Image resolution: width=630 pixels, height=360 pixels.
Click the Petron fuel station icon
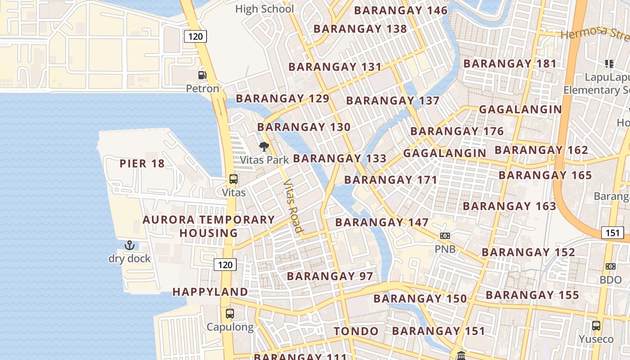point(202,75)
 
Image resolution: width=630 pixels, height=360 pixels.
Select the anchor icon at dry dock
point(130,245)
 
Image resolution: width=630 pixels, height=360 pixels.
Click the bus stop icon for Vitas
point(234,179)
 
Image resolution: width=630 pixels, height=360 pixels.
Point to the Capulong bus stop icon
point(230,313)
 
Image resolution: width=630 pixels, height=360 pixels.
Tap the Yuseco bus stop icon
point(596,325)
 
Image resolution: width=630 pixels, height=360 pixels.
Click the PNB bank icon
point(445,235)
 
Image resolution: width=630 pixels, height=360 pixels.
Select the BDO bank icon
point(610,266)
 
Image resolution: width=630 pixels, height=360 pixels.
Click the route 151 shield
point(612,233)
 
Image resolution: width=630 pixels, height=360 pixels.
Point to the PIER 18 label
point(142,163)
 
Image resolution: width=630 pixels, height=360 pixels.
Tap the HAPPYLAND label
point(210,292)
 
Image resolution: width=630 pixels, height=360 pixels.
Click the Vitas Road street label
point(293,206)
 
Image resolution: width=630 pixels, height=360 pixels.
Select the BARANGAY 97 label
point(330,276)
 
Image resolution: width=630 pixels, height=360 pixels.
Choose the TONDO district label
point(356,331)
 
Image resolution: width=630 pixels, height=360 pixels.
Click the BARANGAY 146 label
point(401,10)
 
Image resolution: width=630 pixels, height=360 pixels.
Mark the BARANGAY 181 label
point(510,63)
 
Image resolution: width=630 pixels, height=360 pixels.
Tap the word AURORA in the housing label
point(169,220)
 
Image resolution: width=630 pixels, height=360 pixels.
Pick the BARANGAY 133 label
point(340,158)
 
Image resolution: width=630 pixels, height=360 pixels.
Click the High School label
point(265,9)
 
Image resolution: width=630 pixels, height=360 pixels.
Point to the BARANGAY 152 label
point(528,252)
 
